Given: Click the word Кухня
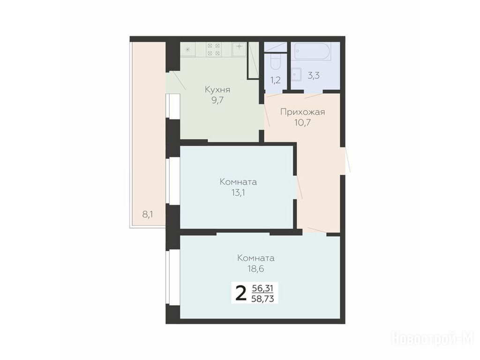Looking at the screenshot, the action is pos(217,90).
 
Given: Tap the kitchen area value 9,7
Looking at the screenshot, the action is pos(217,100).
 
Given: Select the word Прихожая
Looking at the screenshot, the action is pos(302,112).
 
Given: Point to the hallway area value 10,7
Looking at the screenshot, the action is pos(302,123).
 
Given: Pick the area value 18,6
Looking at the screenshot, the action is pos(255,269).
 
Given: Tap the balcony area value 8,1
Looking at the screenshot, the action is pos(148,214).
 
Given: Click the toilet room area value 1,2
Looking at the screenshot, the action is pos(276,80).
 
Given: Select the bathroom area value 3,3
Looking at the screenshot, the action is pos(314,75).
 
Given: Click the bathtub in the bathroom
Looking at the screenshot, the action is pos(313,52).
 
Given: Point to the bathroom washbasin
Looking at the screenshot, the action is pos(296,75).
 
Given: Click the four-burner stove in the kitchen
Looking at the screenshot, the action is pos(214,49).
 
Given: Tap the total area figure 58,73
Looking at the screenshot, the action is pos(262,298).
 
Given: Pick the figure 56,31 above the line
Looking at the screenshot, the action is pos(262,288).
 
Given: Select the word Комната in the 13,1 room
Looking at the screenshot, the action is pos(238,182).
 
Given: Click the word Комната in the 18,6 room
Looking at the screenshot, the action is pos(256,258).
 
